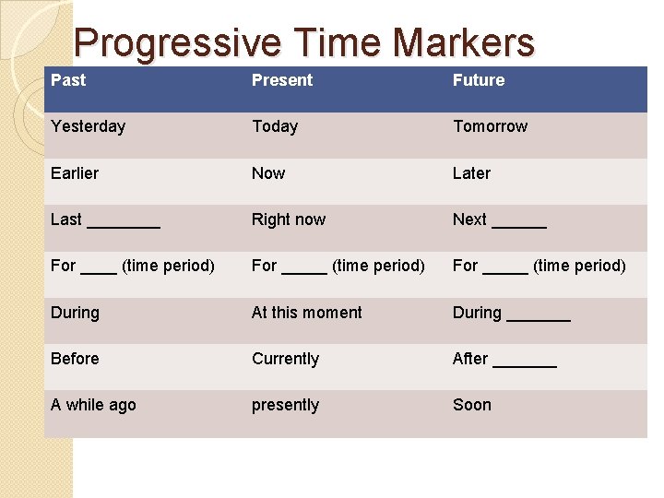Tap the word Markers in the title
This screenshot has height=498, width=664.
click(x=463, y=42)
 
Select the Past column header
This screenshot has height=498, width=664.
click(x=68, y=80)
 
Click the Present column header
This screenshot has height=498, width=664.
click(x=282, y=80)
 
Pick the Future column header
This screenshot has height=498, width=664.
click(x=479, y=80)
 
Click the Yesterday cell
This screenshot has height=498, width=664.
click(x=88, y=126)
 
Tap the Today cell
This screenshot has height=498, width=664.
click(x=275, y=126)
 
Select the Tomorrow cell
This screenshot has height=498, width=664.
click(x=490, y=126)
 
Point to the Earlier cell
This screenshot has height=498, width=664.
click(x=75, y=173)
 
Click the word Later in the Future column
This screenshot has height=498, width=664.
click(x=471, y=173)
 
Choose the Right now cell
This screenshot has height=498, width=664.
click(x=289, y=219)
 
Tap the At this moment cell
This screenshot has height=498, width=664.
click(x=307, y=313)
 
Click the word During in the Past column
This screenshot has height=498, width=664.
click(x=75, y=313)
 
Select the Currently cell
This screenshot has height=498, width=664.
click(x=285, y=359)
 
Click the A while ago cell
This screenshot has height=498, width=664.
click(x=93, y=405)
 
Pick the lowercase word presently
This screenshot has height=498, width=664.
click(x=285, y=406)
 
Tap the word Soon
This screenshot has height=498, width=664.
click(x=472, y=405)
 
